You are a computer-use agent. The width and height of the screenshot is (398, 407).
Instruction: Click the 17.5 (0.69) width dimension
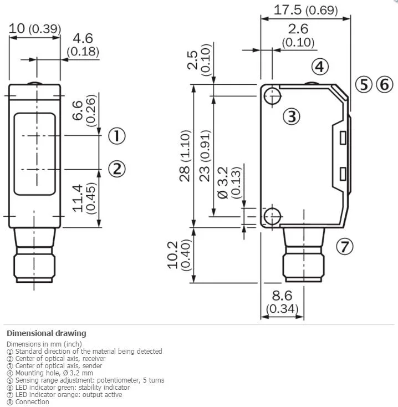(x=305, y=10)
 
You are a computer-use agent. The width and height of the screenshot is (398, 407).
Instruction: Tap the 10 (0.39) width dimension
(x=35, y=28)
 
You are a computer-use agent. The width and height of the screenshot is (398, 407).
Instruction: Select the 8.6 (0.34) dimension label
(x=282, y=302)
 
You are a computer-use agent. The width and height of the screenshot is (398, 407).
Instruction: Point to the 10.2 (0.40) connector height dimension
(x=180, y=255)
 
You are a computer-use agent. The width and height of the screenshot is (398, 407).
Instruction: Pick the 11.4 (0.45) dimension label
(x=84, y=199)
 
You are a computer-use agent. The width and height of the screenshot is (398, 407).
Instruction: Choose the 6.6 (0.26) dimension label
(x=84, y=110)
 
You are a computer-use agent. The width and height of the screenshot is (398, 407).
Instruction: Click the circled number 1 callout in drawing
(x=117, y=136)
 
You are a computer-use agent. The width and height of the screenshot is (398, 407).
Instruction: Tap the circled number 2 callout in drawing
(x=117, y=169)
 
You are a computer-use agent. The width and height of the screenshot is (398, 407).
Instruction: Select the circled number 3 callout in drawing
(x=292, y=116)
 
